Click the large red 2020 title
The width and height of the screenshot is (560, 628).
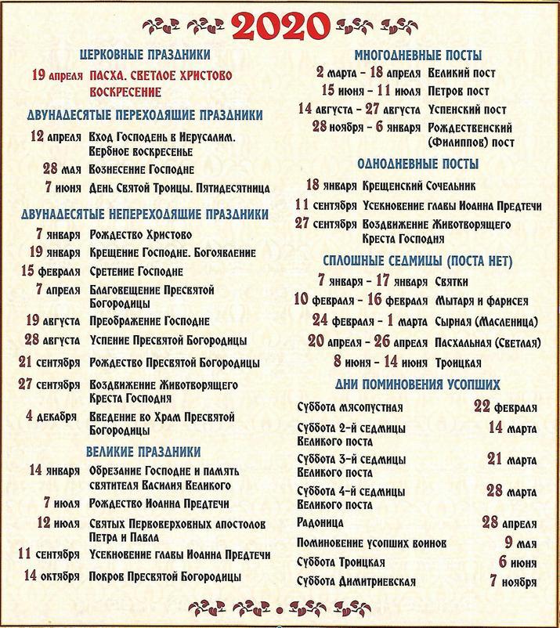pyautogui.click(x=280, y=26)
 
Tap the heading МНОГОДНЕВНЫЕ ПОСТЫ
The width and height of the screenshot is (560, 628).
pyautogui.click(x=417, y=56)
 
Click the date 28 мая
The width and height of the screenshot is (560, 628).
pyautogui.click(x=60, y=169)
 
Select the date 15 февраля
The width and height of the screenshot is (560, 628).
pyautogui.click(x=49, y=271)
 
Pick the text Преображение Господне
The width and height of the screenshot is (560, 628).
pyautogui.click(x=149, y=322)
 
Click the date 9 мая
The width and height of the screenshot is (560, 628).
pyautogui.click(x=520, y=542)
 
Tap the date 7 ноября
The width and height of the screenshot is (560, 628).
pyautogui.click(x=514, y=582)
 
